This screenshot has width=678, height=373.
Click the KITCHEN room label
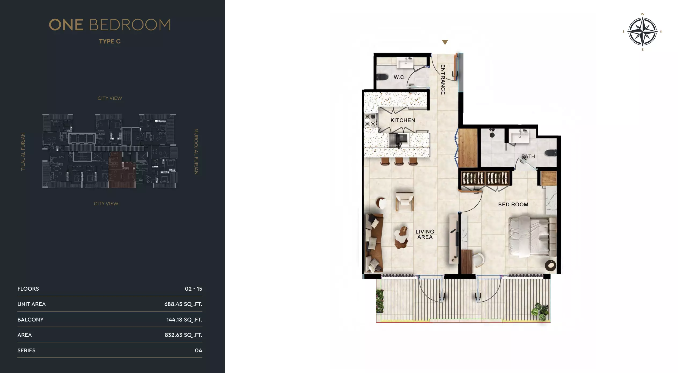click(x=403, y=120)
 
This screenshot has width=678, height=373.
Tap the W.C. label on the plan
click(x=399, y=77)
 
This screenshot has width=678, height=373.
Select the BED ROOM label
click(x=513, y=204)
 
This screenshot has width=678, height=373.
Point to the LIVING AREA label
click(x=425, y=234)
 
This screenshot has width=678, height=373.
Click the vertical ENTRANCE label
click(x=443, y=79)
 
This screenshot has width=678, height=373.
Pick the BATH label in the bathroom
click(x=528, y=156)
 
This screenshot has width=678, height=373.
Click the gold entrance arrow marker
click(x=445, y=42)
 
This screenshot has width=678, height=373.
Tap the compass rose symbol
click(x=642, y=32)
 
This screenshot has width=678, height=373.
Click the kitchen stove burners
click(x=371, y=120)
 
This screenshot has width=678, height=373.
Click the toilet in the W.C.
click(x=382, y=77)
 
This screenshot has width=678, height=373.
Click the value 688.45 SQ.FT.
click(x=183, y=304)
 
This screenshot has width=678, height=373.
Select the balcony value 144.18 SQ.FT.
click(x=184, y=320)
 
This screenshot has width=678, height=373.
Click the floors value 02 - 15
click(x=193, y=289)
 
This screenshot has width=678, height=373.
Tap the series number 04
click(x=198, y=350)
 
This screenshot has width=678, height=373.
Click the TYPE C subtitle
click(x=110, y=41)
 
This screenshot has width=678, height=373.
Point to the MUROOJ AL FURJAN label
click(x=196, y=151)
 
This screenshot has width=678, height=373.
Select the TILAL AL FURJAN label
click(x=23, y=151)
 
